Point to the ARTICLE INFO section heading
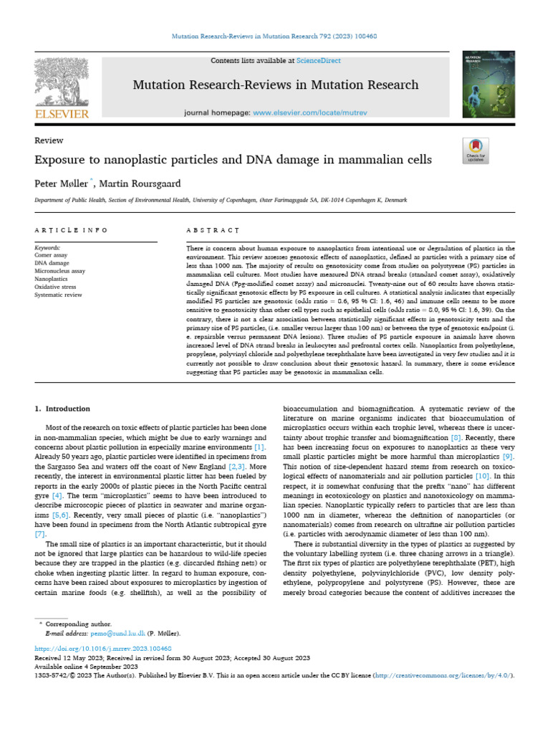point(72,230)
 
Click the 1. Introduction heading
point(62,409)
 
